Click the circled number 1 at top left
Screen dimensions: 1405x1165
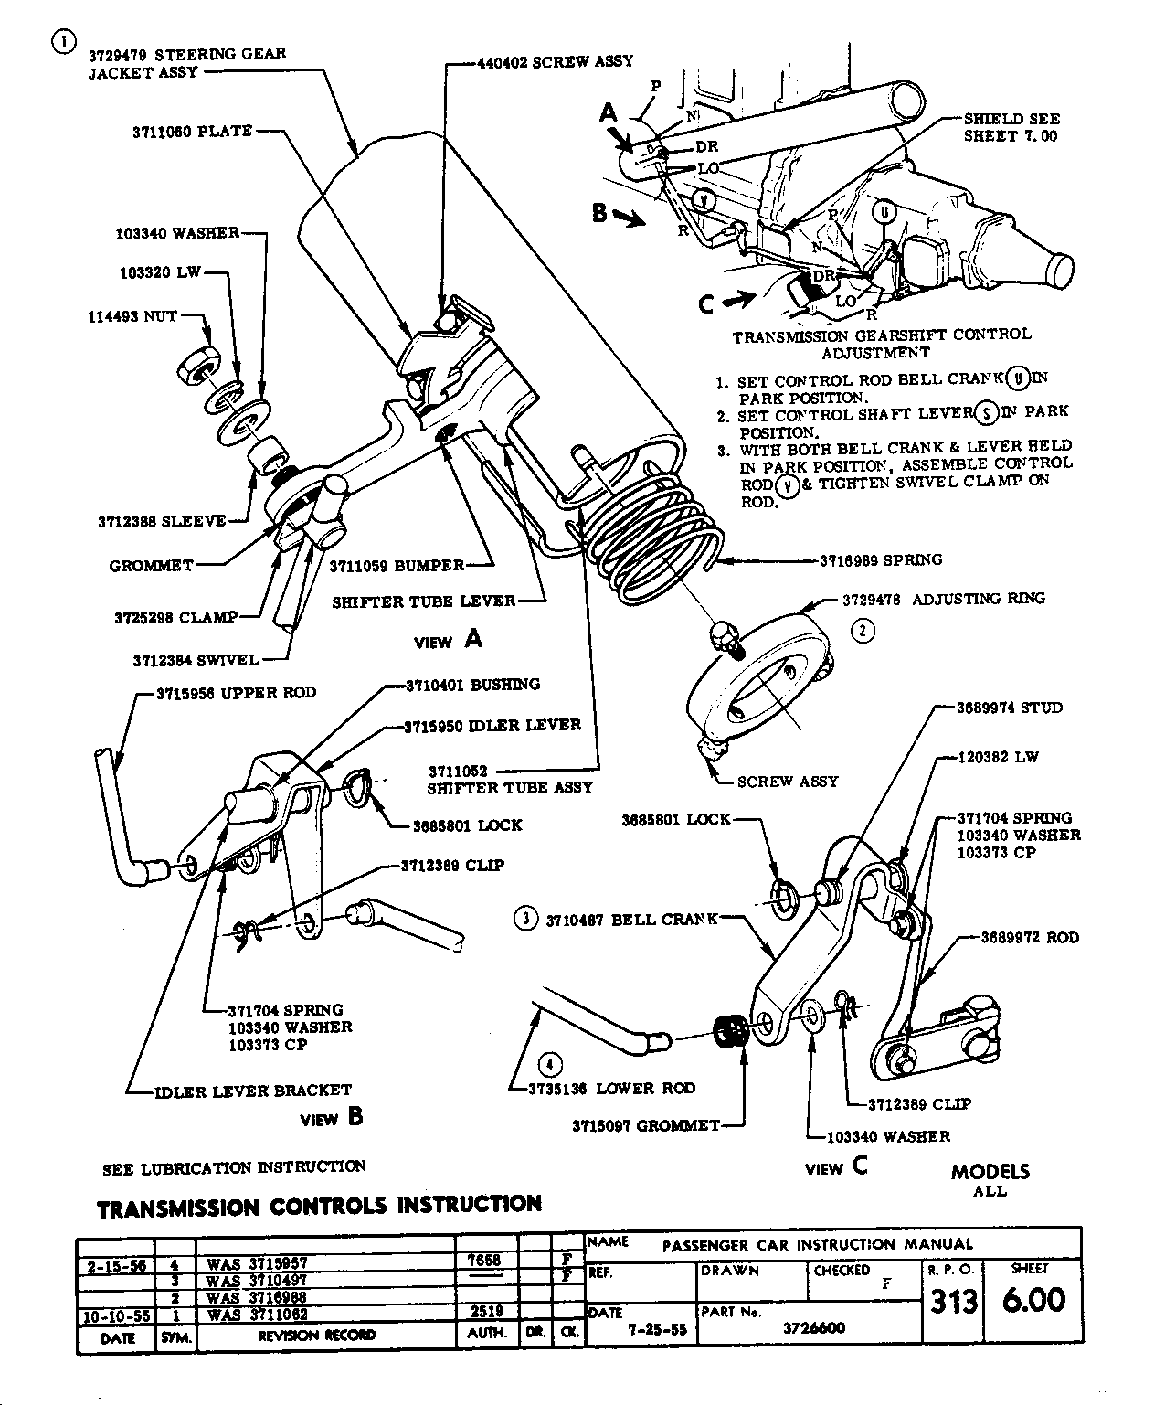coord(63,42)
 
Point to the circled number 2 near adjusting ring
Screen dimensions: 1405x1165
coord(863,629)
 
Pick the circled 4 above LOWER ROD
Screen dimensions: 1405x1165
coord(549,1064)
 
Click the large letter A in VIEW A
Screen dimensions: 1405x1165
coord(473,639)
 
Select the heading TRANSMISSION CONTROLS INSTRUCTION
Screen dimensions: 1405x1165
coord(319,1206)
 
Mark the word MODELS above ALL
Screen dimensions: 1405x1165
coord(990,1172)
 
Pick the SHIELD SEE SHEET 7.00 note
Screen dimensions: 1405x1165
coord(1011,128)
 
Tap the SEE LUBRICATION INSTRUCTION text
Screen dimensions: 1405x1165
coord(234,1167)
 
